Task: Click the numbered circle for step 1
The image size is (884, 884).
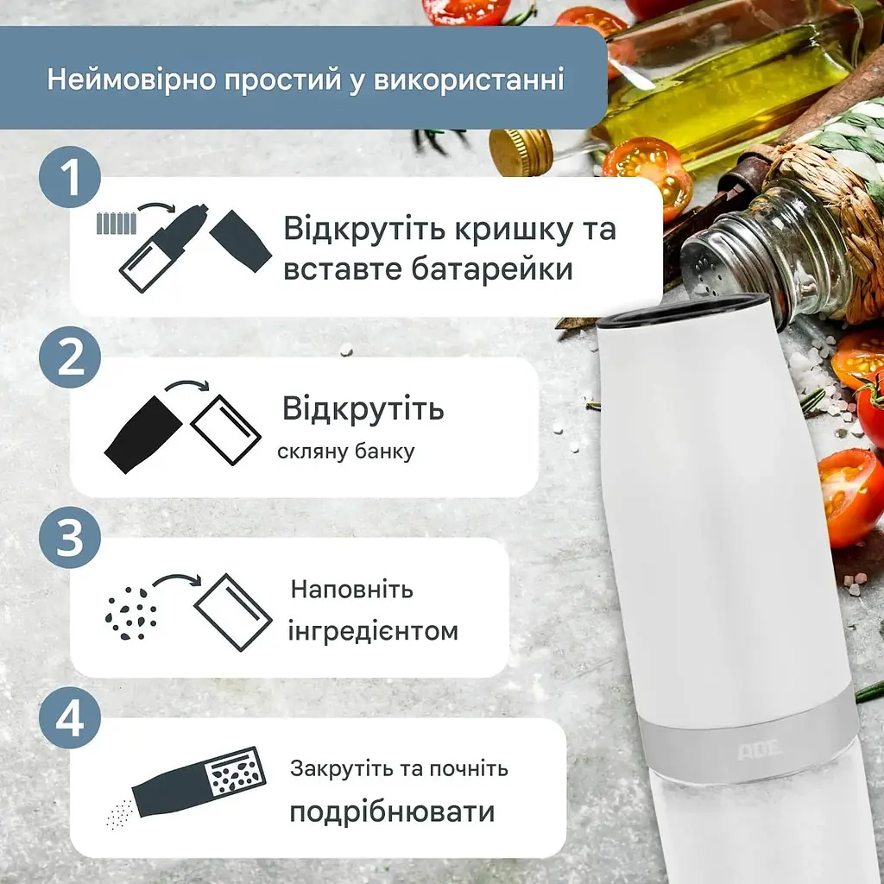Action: [x=70, y=177]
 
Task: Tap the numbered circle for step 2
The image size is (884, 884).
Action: [x=70, y=357]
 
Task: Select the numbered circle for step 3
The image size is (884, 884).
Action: [x=70, y=537]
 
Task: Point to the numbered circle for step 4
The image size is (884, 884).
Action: [x=70, y=717]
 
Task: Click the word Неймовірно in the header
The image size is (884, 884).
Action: [x=132, y=79]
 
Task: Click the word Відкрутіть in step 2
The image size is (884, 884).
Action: [x=363, y=408]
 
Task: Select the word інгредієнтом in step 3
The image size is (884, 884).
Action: [x=373, y=631]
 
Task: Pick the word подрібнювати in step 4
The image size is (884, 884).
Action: [x=393, y=811]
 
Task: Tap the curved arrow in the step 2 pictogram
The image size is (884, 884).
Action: [x=187, y=386]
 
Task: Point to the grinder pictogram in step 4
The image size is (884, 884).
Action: [x=199, y=782]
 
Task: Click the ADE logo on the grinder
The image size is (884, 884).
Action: [x=760, y=748]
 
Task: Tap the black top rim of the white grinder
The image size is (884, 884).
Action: [x=682, y=312]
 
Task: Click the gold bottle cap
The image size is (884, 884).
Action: [x=521, y=152]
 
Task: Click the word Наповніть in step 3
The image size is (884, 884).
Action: [x=352, y=589]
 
